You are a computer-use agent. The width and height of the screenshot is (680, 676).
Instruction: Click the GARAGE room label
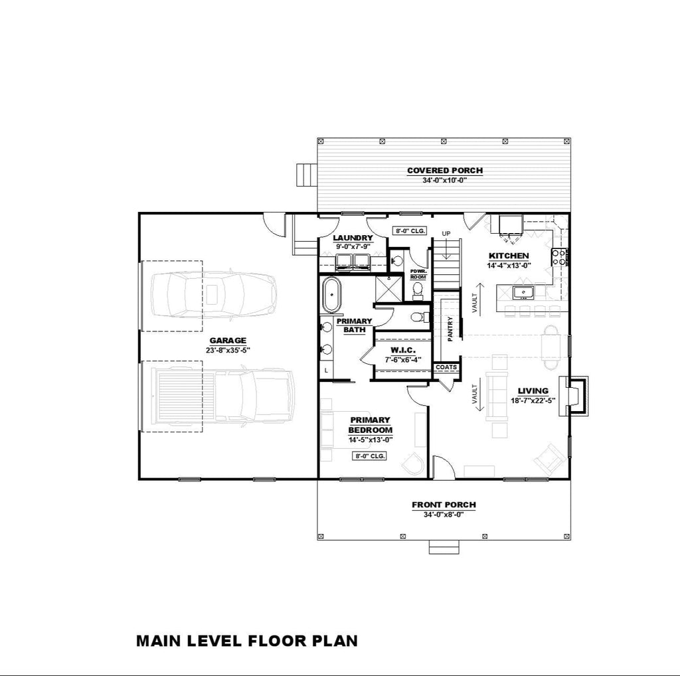(x=228, y=341)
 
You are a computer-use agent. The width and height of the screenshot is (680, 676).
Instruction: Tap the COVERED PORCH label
(x=445, y=171)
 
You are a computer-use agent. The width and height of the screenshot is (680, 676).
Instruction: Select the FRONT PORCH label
(x=444, y=505)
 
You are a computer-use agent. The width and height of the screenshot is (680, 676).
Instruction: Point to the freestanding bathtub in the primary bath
(x=333, y=295)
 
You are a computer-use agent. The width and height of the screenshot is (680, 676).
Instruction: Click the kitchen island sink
(x=523, y=293)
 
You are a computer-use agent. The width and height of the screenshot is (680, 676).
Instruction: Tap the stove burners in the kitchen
(x=558, y=257)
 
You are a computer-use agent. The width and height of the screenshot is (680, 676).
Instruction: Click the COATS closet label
(x=446, y=367)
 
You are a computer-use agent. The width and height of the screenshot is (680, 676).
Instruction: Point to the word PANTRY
(x=450, y=329)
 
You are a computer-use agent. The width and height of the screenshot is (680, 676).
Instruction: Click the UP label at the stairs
(x=446, y=234)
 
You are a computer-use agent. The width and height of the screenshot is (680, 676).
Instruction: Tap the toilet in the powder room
(x=418, y=290)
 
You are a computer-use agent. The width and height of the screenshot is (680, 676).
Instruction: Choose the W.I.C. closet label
(x=403, y=350)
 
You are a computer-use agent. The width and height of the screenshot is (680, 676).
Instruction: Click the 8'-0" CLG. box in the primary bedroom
(x=369, y=456)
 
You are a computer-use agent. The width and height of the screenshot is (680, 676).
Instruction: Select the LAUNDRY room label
(x=353, y=238)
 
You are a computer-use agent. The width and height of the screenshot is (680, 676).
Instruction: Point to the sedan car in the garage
(x=214, y=295)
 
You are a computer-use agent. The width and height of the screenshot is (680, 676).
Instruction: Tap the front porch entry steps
(x=444, y=547)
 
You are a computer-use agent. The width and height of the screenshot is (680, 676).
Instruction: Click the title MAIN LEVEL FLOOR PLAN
(x=247, y=641)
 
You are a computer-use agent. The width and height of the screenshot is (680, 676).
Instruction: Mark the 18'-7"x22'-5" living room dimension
(x=533, y=401)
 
